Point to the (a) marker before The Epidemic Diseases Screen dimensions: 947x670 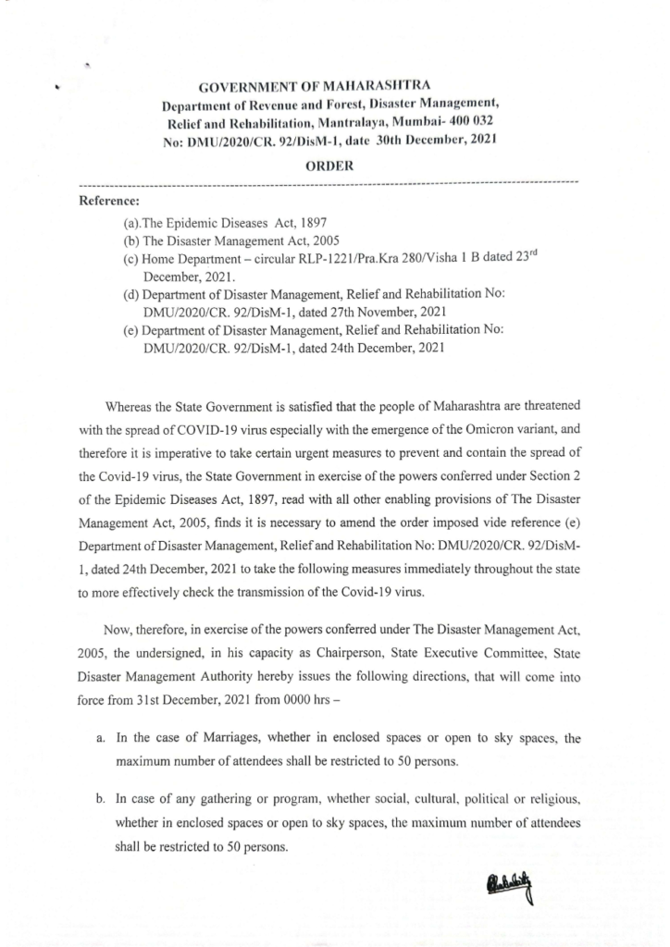point(132,223)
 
